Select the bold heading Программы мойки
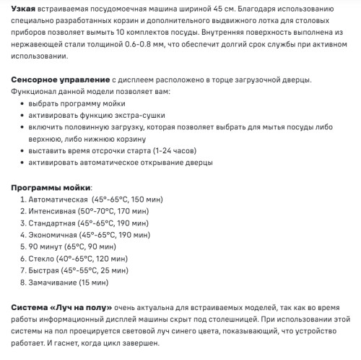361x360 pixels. coord(52,187)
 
